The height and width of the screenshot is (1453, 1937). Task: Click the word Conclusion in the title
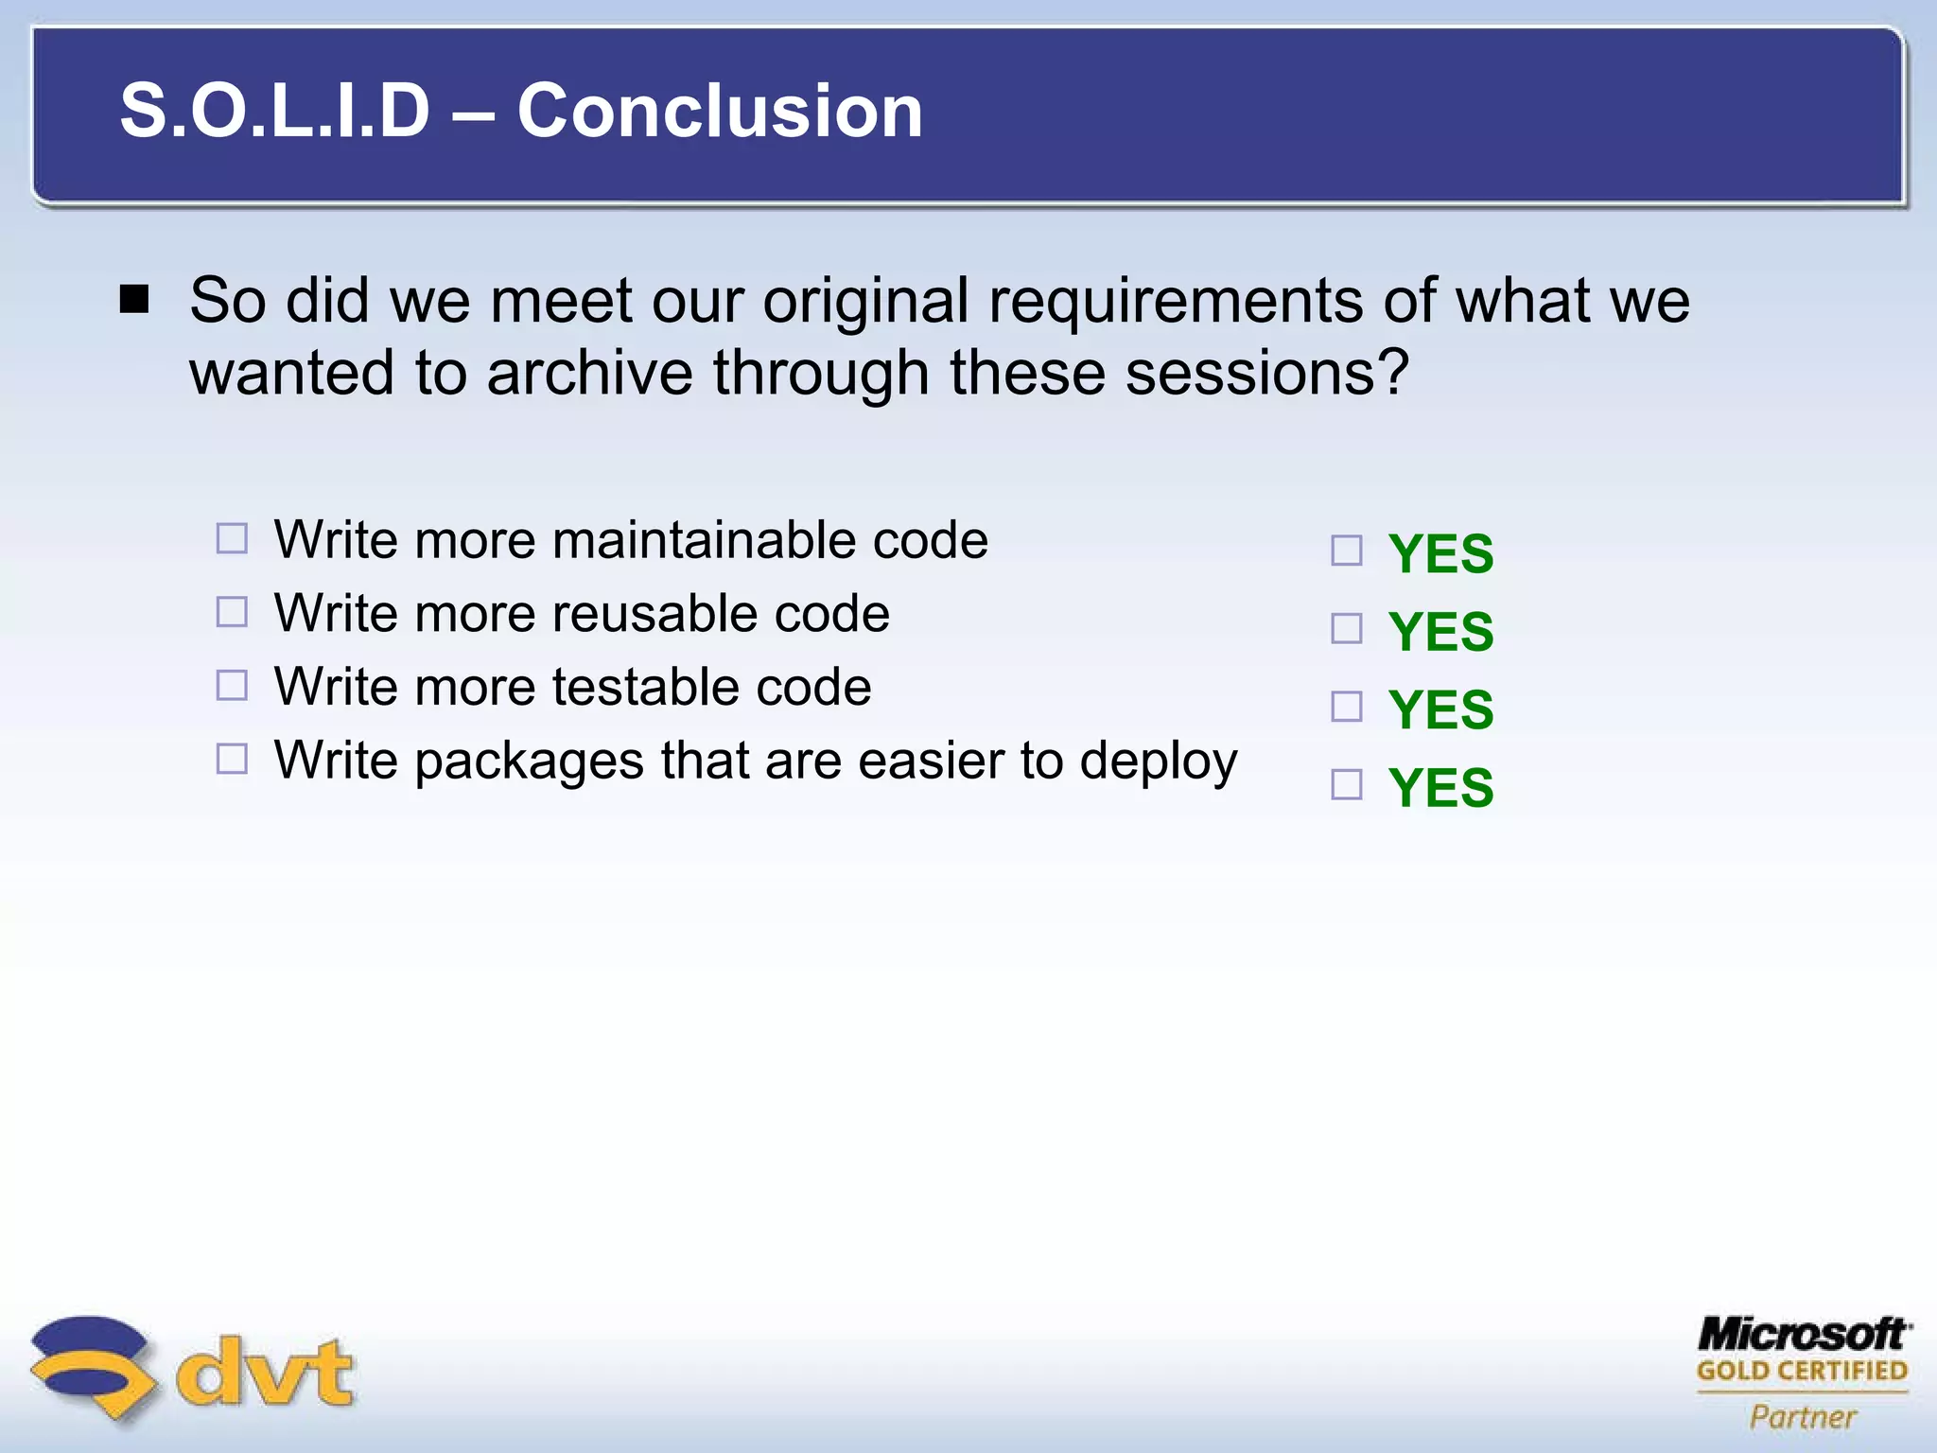pos(719,112)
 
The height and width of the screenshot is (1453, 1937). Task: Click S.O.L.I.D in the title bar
pos(274,112)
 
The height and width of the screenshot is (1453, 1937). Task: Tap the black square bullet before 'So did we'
pos(135,300)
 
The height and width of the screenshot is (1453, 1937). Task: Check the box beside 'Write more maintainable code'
pos(232,539)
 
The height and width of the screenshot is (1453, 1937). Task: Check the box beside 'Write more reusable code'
pos(232,612)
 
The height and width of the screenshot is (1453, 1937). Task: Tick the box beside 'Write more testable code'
pos(232,685)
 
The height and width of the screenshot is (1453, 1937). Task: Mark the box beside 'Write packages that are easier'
pos(232,759)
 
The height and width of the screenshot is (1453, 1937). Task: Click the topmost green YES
pos(1440,554)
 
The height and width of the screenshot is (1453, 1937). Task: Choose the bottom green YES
pos(1440,788)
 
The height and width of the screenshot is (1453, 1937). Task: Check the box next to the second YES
pos(1347,628)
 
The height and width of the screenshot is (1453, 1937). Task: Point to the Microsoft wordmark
pos(1803,1335)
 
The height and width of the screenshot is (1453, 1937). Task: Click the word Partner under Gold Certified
pos(1803,1416)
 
